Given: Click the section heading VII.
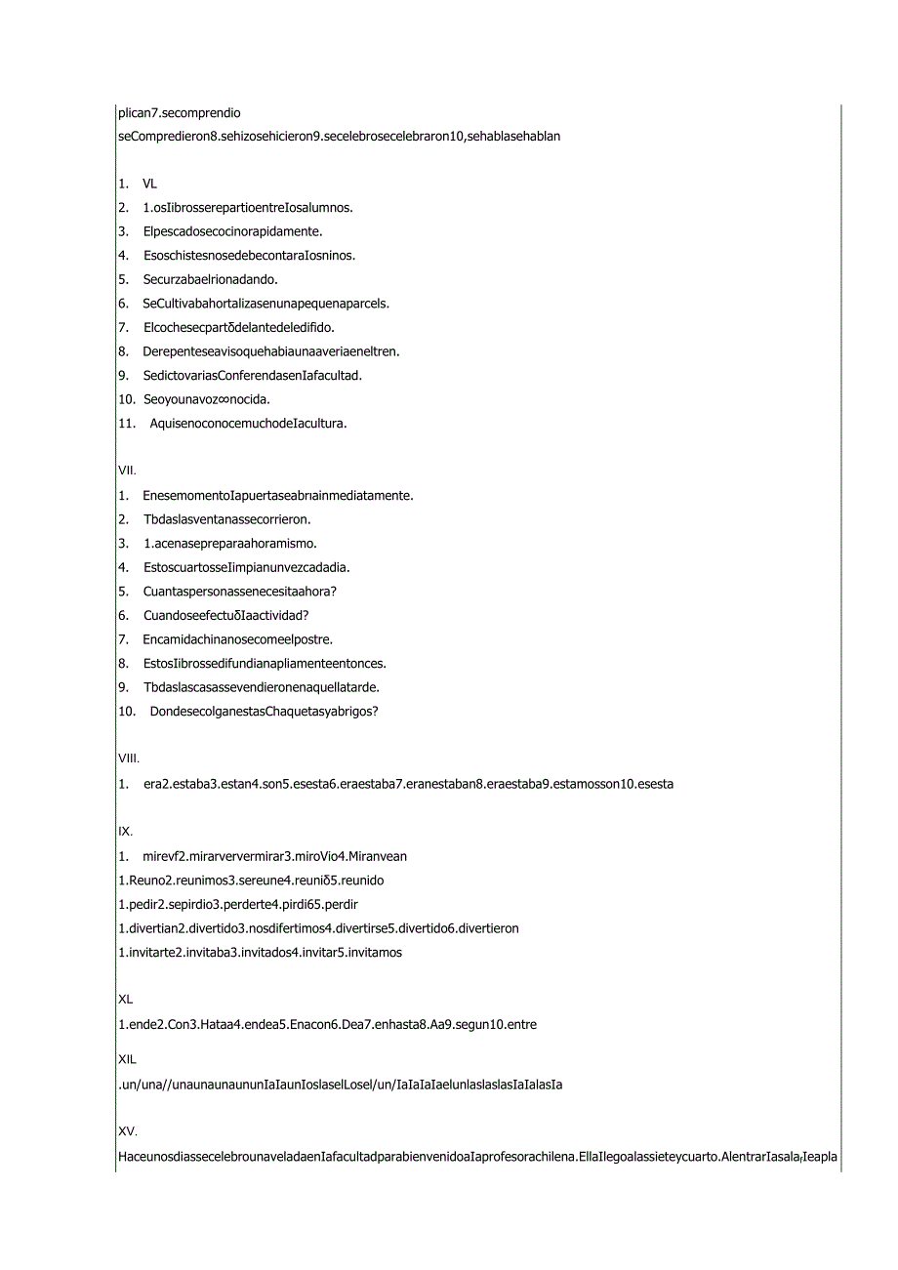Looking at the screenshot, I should click(127, 471).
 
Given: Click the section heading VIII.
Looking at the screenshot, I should click(129, 758).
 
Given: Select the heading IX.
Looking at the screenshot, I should click(125, 832).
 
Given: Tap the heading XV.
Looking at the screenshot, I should click(127, 1132).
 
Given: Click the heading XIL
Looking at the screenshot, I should click(127, 1059).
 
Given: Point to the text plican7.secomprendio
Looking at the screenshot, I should click(179, 113).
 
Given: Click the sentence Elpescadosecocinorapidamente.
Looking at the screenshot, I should click(232, 231).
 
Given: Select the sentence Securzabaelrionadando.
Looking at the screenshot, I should click(210, 279).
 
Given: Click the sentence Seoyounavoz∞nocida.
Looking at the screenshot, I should click(206, 399).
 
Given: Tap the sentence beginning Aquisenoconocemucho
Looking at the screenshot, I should click(248, 423).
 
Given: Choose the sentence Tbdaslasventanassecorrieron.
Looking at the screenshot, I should click(226, 519).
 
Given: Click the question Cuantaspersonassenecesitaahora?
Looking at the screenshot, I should click(239, 591).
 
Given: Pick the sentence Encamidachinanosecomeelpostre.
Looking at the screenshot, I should click(237, 639).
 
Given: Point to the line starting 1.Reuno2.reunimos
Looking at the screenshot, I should click(250, 881).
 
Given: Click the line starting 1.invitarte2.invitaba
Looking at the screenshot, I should click(260, 952).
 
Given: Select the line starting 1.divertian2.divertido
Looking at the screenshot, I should click(318, 928).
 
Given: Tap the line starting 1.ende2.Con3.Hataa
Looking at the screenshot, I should click(327, 1025).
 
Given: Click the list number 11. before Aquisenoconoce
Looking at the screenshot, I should click(125, 423).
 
